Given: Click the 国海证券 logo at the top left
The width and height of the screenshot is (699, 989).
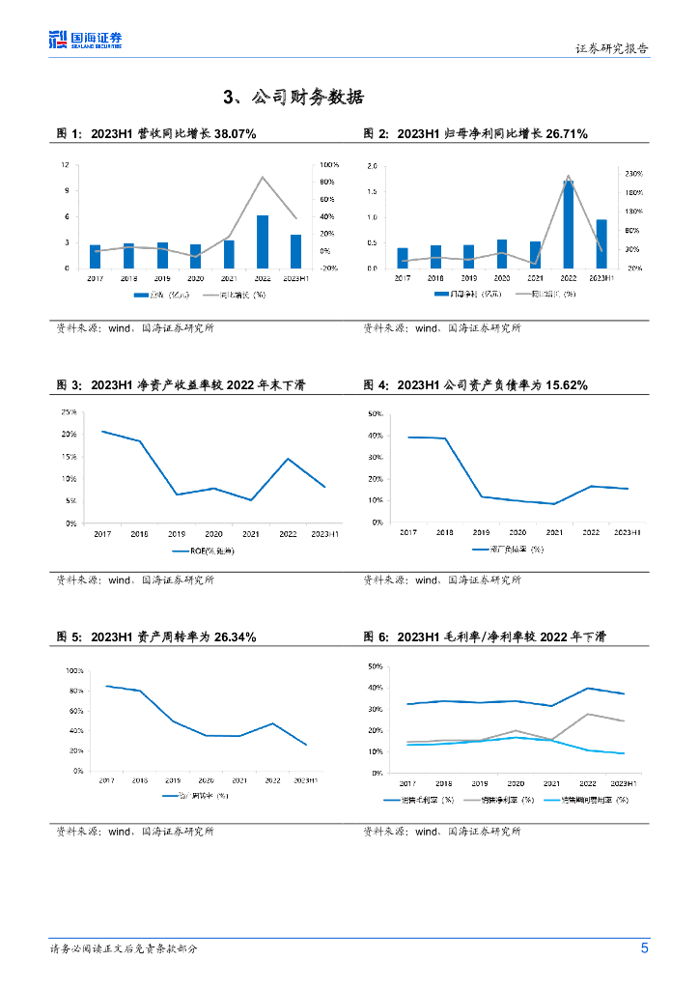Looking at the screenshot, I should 86,40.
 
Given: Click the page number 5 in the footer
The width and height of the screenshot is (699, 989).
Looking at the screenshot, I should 644,948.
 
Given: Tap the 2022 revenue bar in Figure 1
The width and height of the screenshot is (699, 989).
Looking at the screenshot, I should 263,241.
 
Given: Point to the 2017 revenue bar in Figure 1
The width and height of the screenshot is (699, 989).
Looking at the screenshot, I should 95,256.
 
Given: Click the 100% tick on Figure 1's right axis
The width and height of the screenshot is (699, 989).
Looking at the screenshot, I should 329,165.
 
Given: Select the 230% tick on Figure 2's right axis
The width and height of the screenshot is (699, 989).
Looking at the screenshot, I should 634,173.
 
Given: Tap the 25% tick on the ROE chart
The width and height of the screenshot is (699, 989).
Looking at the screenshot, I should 70,411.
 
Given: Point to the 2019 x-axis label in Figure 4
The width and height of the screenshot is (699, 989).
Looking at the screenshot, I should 481,532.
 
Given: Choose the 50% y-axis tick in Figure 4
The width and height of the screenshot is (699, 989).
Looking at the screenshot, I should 377,412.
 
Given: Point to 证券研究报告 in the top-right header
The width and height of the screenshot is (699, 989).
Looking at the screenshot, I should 612,48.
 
